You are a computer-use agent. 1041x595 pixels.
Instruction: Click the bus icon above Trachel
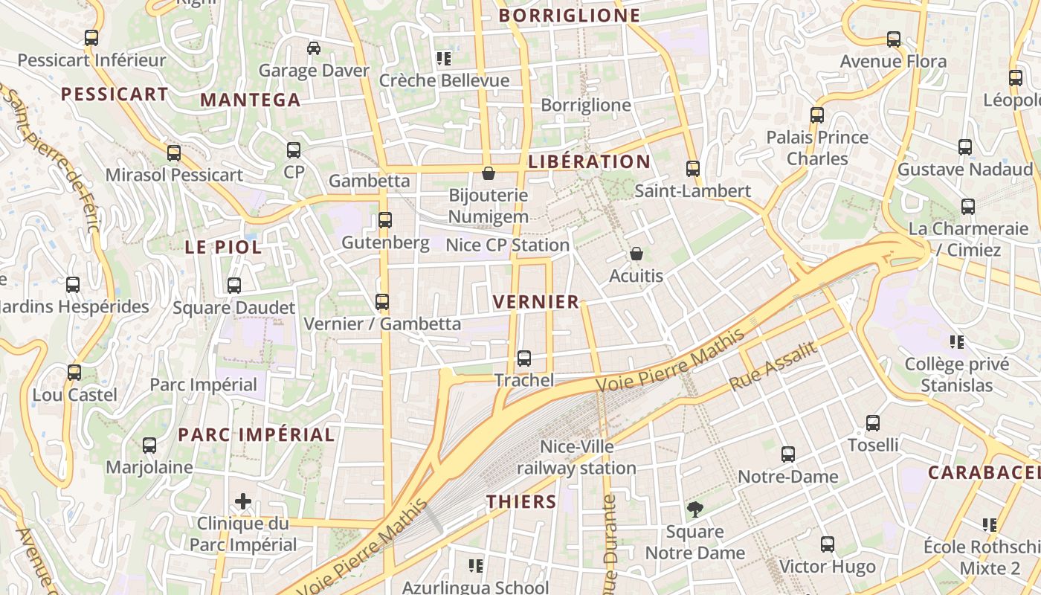coord(524,358)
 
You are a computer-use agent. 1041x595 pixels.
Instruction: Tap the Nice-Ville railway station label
coord(577,457)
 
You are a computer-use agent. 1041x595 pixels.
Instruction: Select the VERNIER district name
coord(535,301)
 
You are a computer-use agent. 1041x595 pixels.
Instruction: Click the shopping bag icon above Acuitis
coord(636,254)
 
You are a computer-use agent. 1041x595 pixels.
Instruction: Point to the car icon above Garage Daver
coord(314,48)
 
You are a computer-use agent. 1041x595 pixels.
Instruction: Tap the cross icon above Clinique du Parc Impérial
coord(243,501)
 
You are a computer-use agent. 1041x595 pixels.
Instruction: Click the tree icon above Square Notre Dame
coord(695,509)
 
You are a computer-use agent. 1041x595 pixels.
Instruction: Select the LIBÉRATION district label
coord(589,161)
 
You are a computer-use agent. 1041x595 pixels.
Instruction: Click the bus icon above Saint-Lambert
coord(693,169)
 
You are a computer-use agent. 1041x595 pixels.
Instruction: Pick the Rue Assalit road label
coord(773,366)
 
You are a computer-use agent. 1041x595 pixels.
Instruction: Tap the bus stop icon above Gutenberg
coord(385,220)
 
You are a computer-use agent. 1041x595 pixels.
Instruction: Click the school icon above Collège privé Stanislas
coord(957,342)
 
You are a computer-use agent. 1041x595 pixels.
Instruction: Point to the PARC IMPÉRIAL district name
coord(257,434)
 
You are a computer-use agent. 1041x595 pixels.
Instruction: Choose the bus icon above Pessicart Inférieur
coord(91,37)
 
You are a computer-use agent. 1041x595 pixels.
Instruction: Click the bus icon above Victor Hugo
coord(828,544)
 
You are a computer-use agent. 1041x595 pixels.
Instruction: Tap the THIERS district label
coord(521,501)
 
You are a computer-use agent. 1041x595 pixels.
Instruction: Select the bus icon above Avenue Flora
coord(894,39)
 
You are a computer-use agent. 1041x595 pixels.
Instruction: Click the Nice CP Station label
coord(507,245)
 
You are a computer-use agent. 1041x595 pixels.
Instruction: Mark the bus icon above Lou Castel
coord(74,373)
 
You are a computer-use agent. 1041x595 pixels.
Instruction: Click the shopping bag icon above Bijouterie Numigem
coord(489,173)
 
